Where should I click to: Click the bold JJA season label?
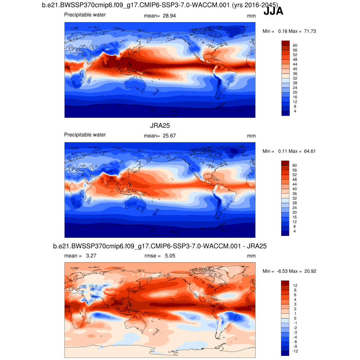click(x=273, y=12)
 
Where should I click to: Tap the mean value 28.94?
click(x=169, y=16)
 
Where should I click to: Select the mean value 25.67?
click(x=169, y=136)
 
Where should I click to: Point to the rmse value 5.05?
click(x=170, y=256)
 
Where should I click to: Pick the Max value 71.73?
click(x=310, y=31)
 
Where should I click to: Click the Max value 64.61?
click(x=310, y=151)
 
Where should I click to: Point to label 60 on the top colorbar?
click(x=295, y=45)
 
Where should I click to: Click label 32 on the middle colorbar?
click(x=295, y=198)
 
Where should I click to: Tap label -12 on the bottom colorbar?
click(x=296, y=351)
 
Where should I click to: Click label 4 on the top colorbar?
click(x=295, y=111)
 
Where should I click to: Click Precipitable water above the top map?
click(x=85, y=15)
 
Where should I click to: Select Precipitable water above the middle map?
click(x=85, y=135)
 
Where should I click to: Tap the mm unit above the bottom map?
click(x=251, y=256)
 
